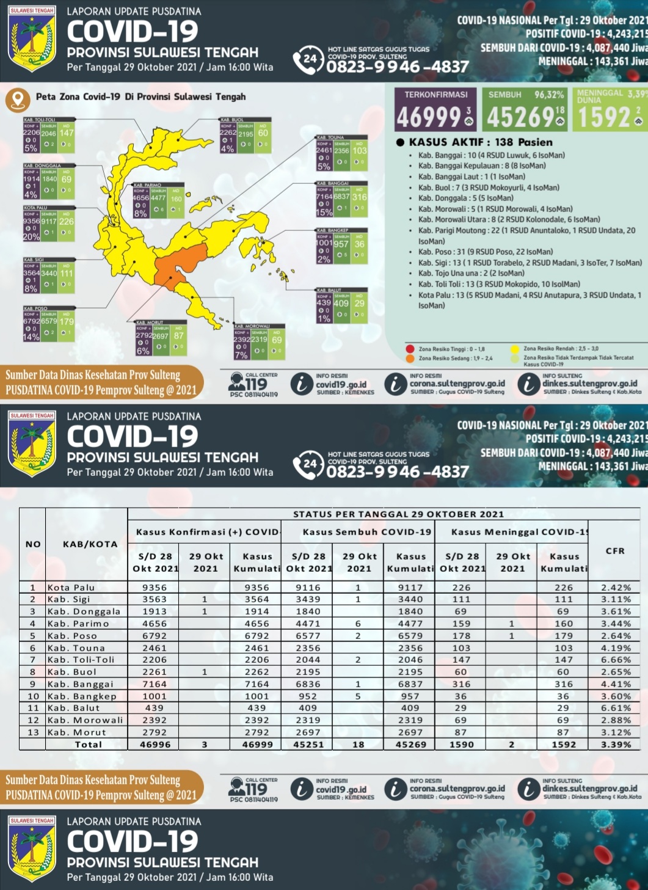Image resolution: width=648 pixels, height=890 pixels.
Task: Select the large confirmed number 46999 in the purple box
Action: [x=429, y=117]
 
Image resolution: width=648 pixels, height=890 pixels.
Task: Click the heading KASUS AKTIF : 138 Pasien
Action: [x=480, y=142]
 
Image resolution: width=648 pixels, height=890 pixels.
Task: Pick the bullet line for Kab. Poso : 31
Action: [x=485, y=252]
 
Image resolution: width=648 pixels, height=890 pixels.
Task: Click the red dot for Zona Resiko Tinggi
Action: [x=410, y=349]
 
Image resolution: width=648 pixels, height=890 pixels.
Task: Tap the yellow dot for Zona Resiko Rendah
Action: [x=515, y=349]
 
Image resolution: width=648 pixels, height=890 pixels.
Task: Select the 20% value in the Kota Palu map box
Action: [x=31, y=237]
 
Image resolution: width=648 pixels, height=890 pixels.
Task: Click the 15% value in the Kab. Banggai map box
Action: [x=324, y=213]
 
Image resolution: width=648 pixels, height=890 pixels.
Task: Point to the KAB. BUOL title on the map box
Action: [x=232, y=120]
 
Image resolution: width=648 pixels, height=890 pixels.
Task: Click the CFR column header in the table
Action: [x=615, y=550]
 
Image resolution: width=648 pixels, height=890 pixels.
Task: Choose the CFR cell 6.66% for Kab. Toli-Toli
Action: [x=616, y=660]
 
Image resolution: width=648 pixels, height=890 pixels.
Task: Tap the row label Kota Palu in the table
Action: [x=71, y=588]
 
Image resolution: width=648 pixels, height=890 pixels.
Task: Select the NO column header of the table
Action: [x=33, y=544]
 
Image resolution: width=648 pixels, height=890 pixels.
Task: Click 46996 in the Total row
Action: [x=155, y=745]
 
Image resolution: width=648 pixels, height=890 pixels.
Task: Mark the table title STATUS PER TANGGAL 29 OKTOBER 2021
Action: [x=398, y=514]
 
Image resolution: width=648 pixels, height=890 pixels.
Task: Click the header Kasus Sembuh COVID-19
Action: [x=366, y=532]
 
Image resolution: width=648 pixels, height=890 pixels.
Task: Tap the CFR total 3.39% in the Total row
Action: [x=616, y=745]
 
